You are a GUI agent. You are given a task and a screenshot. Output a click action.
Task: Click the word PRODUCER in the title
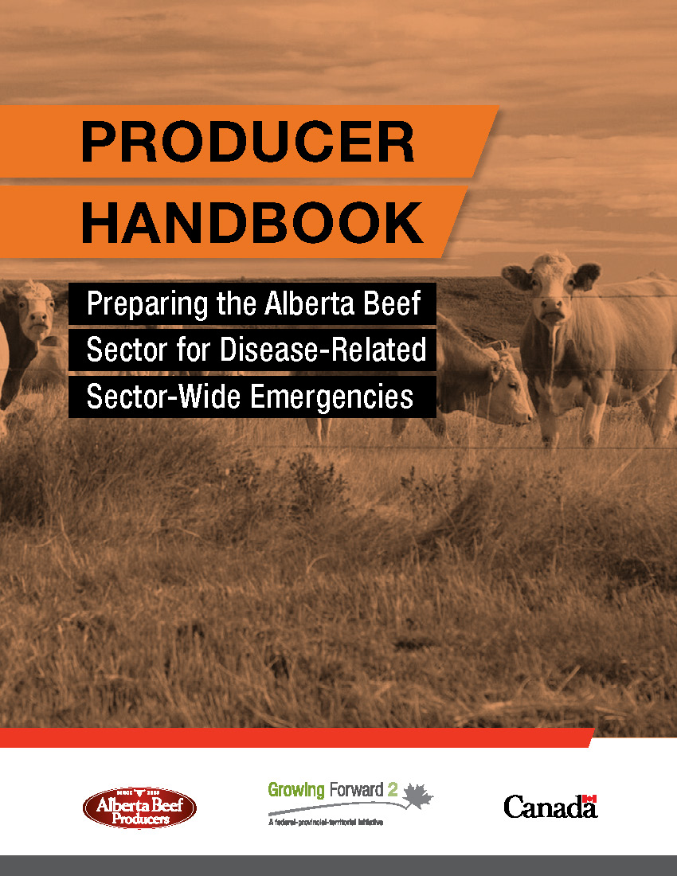pos(248,141)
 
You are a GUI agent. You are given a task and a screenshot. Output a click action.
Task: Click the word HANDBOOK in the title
pos(252,222)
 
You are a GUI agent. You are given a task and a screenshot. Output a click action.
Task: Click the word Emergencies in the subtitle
pos(331,397)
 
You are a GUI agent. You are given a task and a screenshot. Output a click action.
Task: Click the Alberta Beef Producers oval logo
pos(139,808)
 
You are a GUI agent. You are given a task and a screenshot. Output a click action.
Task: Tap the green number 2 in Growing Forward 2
pos(393,790)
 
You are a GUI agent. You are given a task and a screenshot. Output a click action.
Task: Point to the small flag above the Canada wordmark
pos(589,799)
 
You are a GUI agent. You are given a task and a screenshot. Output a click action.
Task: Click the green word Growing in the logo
pos(296,791)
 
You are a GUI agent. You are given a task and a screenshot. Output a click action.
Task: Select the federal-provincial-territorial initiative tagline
pos(326,822)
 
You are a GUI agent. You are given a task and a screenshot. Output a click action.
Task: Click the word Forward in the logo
pos(356,790)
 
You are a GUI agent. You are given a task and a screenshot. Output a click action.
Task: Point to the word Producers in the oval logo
pos(140,819)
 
